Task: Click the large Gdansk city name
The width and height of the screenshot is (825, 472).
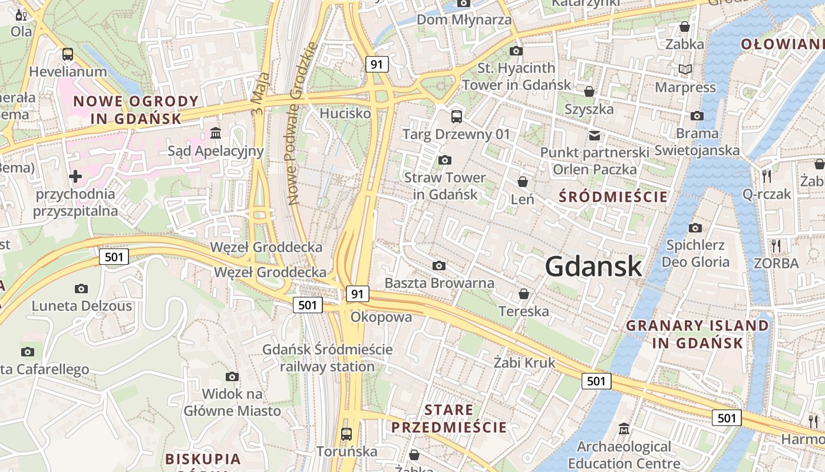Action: [593, 267]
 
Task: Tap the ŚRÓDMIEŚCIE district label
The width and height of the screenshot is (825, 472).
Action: [613, 196]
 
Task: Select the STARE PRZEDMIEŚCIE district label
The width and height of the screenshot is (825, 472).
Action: [449, 418]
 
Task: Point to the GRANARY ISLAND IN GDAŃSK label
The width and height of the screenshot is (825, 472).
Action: [698, 334]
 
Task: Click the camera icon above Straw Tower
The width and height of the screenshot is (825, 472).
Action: [445, 160]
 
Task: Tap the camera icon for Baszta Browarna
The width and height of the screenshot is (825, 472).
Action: [438, 266]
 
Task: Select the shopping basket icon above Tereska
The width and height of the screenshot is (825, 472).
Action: [523, 294]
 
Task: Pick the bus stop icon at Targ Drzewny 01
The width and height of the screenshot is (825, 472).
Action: [456, 116]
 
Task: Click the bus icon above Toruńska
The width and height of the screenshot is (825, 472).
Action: [346, 434]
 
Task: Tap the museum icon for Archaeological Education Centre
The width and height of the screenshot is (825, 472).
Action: [624, 429]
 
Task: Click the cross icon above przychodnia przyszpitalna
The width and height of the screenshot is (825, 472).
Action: [75, 176]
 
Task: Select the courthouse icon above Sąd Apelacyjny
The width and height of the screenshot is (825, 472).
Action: [216, 133]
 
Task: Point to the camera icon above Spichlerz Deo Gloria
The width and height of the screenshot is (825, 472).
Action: [695, 228]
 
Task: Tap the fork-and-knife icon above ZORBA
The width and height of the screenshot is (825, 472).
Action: [776, 245]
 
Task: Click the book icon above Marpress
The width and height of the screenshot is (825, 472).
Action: [685, 70]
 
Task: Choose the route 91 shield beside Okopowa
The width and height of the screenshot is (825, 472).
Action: [358, 294]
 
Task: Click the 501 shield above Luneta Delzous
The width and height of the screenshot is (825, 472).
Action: [114, 257]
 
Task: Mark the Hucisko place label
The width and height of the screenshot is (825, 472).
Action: [345, 113]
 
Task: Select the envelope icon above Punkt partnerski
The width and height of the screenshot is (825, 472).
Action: [595, 135]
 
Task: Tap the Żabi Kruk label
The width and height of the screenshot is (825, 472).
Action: [524, 362]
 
